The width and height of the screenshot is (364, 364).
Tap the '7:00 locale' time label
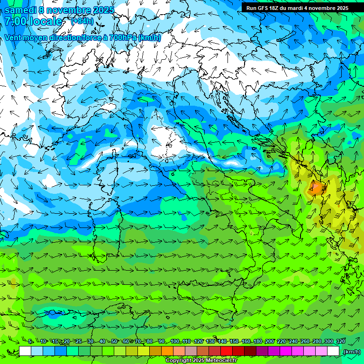[x=33, y=21]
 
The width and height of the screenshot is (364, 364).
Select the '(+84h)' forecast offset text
[x=82, y=21]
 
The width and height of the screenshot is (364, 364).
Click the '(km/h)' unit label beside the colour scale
[x=351, y=352]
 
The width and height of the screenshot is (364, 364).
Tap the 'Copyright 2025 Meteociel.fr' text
[x=201, y=361]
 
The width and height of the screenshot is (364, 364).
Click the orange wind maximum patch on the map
[x=316, y=188]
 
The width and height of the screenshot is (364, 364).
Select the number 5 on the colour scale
[x=30, y=341]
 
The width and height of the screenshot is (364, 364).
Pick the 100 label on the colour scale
[x=174, y=341]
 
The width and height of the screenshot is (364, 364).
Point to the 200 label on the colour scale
[x=270, y=341]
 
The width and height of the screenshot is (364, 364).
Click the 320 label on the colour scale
[x=340, y=341]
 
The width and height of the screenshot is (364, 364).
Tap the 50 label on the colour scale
[x=114, y=341]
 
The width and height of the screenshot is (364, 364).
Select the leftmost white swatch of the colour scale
[x=25, y=351]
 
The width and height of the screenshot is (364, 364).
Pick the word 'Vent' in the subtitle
[x=13, y=37]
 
